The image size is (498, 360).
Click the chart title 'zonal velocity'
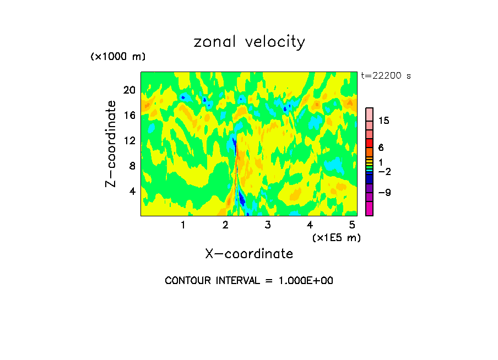(249, 42)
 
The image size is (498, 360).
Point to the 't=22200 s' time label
(386, 76)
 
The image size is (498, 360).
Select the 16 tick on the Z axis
(129, 115)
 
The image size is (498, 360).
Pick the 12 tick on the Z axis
(129, 140)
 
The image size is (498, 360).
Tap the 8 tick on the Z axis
(132, 166)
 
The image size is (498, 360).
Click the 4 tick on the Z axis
(132, 191)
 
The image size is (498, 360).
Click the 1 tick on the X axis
(183, 225)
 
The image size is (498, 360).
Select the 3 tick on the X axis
(267, 225)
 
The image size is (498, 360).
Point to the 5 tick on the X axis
(352, 225)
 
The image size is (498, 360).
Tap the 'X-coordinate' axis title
(249, 254)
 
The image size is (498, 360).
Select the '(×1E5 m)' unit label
(336, 237)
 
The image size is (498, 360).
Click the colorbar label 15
(384, 121)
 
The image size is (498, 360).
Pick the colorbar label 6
(381, 148)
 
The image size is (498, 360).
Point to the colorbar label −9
(384, 193)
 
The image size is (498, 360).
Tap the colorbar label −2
(384, 172)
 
